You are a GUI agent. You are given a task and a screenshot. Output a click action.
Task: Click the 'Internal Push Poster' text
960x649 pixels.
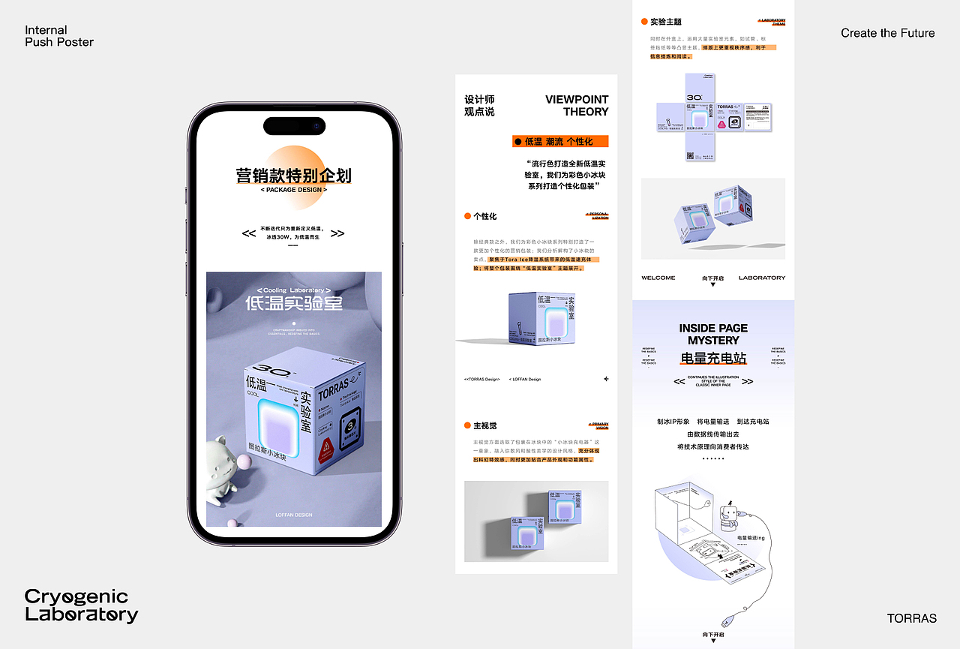coord(59,36)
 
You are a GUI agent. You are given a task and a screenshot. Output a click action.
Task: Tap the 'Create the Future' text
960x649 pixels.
coord(887,33)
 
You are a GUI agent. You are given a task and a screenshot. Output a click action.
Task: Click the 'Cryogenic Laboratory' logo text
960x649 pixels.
coord(81,605)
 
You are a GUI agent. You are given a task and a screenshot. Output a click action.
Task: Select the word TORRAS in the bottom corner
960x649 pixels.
coord(911,618)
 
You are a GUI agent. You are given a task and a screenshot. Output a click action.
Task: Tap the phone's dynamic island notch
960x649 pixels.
coord(294,125)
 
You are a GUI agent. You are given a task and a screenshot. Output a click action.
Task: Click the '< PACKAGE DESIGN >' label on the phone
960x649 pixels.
coord(294,190)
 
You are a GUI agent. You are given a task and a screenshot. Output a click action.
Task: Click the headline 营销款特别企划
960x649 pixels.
coord(293,176)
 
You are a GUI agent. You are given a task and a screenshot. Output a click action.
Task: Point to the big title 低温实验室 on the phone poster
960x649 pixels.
coord(293,303)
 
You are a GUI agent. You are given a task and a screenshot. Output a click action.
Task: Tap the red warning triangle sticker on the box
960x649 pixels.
coord(327,450)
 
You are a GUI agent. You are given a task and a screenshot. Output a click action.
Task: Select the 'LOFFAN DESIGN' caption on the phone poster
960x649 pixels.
coord(293,515)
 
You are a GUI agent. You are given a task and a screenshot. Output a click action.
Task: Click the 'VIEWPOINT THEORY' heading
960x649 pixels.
coord(577,106)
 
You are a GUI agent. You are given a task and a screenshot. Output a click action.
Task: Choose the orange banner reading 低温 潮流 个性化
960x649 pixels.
coord(560,141)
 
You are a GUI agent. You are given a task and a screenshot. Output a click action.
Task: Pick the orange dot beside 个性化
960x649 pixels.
coord(467,216)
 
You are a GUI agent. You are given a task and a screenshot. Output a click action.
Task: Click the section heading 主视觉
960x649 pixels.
coord(484,425)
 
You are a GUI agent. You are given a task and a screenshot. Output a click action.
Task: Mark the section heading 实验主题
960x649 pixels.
coord(665,22)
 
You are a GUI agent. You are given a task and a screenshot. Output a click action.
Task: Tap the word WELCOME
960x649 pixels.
coord(658,278)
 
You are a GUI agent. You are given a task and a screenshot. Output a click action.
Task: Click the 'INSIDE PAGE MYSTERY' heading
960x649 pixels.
coord(713,334)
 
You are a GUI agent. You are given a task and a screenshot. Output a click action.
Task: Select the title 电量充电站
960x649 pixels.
coord(713,358)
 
